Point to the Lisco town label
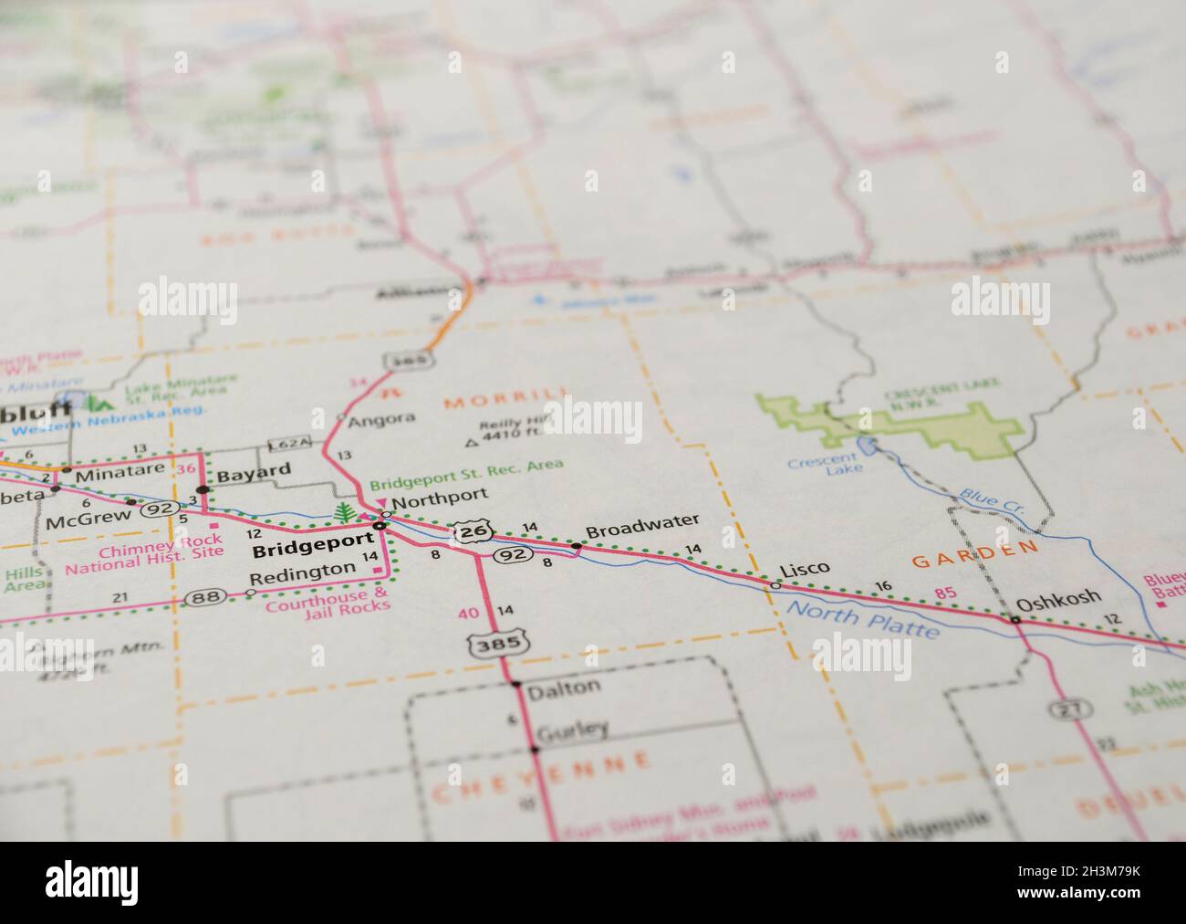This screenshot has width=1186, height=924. pyautogui.click(x=804, y=569)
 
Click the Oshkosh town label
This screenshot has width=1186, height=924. pyautogui.click(x=1058, y=599)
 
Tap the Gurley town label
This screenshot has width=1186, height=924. pyautogui.click(x=572, y=730)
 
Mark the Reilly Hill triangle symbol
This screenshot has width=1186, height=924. pyautogui.click(x=472, y=443)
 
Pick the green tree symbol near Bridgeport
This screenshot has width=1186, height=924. pyautogui.click(x=344, y=513)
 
